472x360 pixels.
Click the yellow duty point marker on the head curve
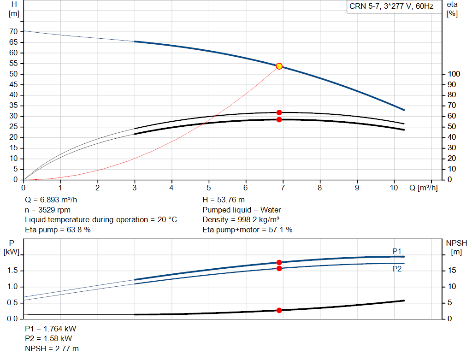279,66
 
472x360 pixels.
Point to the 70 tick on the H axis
13,31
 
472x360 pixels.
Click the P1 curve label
396,251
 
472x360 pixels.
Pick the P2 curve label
396,269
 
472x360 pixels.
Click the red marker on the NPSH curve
279,310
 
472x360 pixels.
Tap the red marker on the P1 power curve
279,262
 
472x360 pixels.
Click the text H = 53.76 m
224,200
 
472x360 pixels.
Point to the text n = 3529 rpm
47,210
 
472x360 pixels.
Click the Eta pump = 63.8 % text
58,229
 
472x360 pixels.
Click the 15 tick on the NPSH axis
451,271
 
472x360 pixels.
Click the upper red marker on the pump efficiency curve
279,112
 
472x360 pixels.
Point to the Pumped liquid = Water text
242,210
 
